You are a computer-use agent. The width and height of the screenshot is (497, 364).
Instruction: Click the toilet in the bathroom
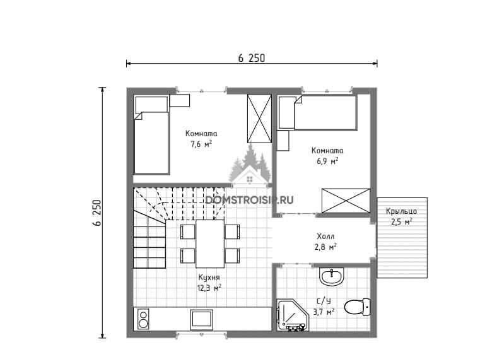357,307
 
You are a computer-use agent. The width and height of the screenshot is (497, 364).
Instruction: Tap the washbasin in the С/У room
332,276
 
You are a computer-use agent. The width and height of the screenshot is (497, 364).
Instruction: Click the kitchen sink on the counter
202,320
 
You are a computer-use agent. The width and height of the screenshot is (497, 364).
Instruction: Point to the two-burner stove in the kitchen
143,319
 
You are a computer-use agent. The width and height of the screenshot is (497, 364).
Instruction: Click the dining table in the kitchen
210,244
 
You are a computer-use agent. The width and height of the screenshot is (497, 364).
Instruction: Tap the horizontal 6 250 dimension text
252,58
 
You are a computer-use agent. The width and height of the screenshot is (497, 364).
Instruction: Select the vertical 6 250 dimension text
97,213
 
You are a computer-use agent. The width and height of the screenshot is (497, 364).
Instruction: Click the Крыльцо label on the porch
401,211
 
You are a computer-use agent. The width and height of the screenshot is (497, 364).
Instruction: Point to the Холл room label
325,236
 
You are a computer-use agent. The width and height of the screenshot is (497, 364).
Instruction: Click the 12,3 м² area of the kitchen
209,288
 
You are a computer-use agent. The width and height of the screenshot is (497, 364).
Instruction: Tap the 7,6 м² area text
201,144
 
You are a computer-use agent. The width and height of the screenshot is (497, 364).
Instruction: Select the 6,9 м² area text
327,161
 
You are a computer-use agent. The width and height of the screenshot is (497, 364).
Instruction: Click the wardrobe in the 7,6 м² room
260,118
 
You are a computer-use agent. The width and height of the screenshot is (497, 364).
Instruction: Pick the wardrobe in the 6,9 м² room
346,201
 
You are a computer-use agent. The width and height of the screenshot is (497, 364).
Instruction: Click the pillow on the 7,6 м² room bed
151,105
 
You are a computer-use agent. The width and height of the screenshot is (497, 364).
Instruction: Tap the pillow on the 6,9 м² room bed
287,112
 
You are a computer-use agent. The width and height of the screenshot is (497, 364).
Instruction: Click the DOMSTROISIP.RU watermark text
250,200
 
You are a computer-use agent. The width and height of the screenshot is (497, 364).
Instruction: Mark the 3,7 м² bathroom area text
324,312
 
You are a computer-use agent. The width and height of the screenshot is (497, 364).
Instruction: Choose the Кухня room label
209,278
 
